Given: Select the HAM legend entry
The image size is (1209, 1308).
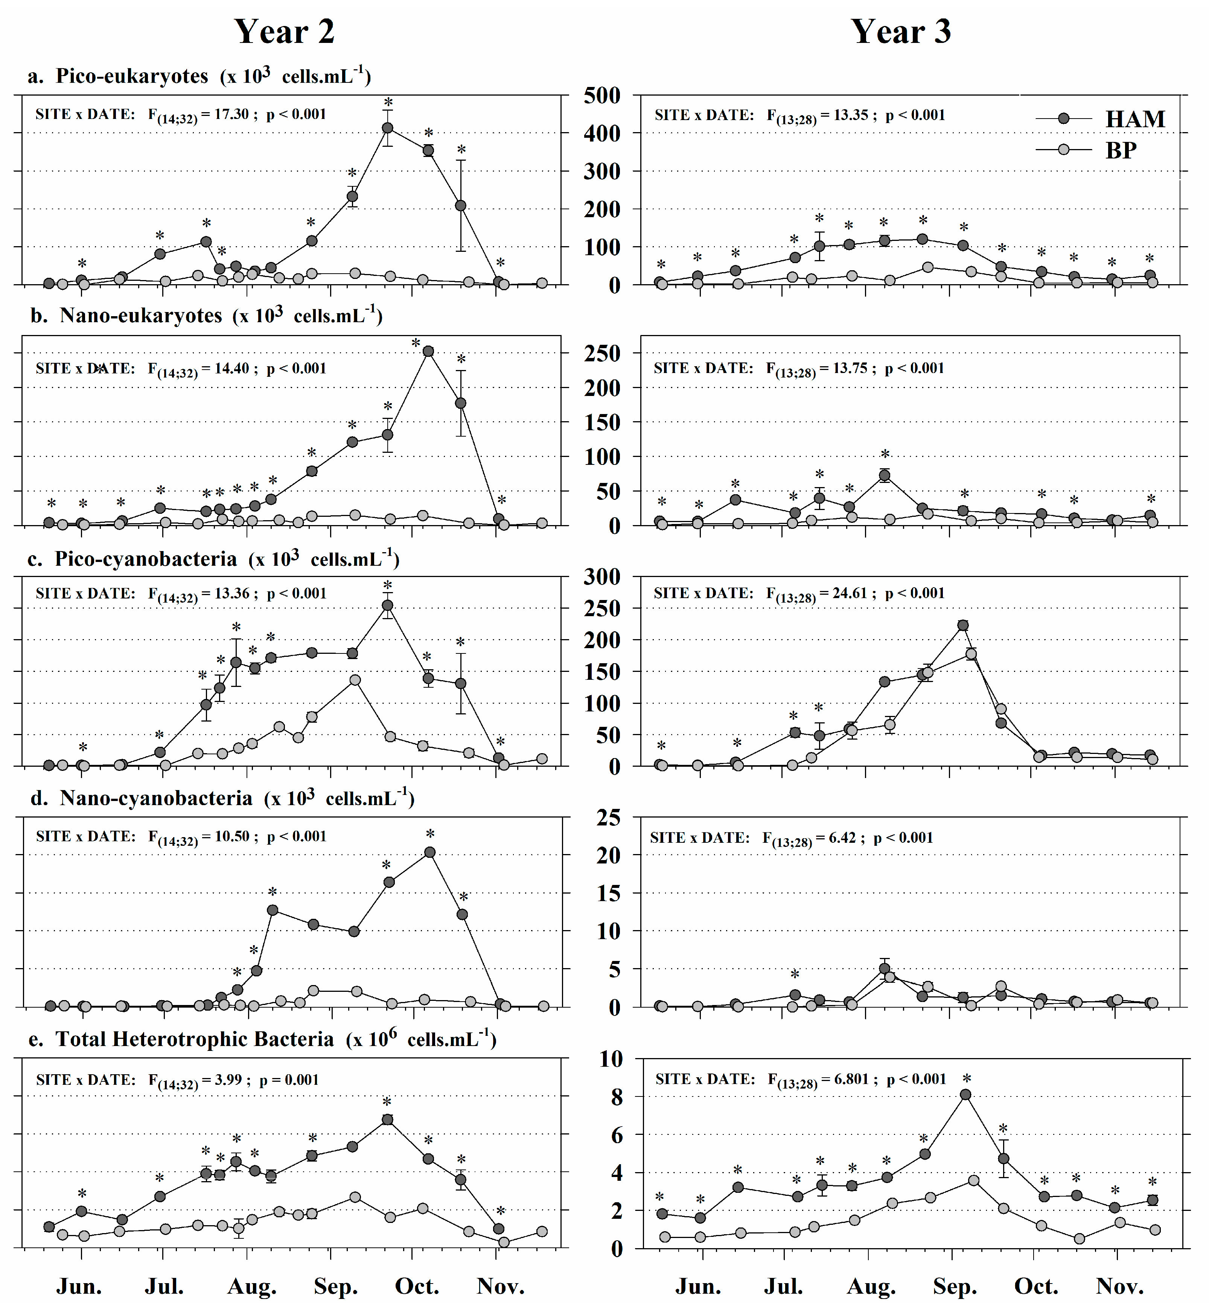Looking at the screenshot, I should click(x=1134, y=119).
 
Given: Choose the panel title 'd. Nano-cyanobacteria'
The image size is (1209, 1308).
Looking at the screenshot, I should click(x=156, y=798).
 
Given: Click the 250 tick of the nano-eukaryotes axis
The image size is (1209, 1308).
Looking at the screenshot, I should click(x=602, y=353).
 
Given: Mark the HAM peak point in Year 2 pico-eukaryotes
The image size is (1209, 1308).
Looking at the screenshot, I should click(x=387, y=128).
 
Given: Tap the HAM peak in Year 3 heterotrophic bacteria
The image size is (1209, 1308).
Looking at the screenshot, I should click(x=965, y=1095).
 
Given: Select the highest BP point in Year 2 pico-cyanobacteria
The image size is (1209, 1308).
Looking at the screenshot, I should click(x=355, y=680).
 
